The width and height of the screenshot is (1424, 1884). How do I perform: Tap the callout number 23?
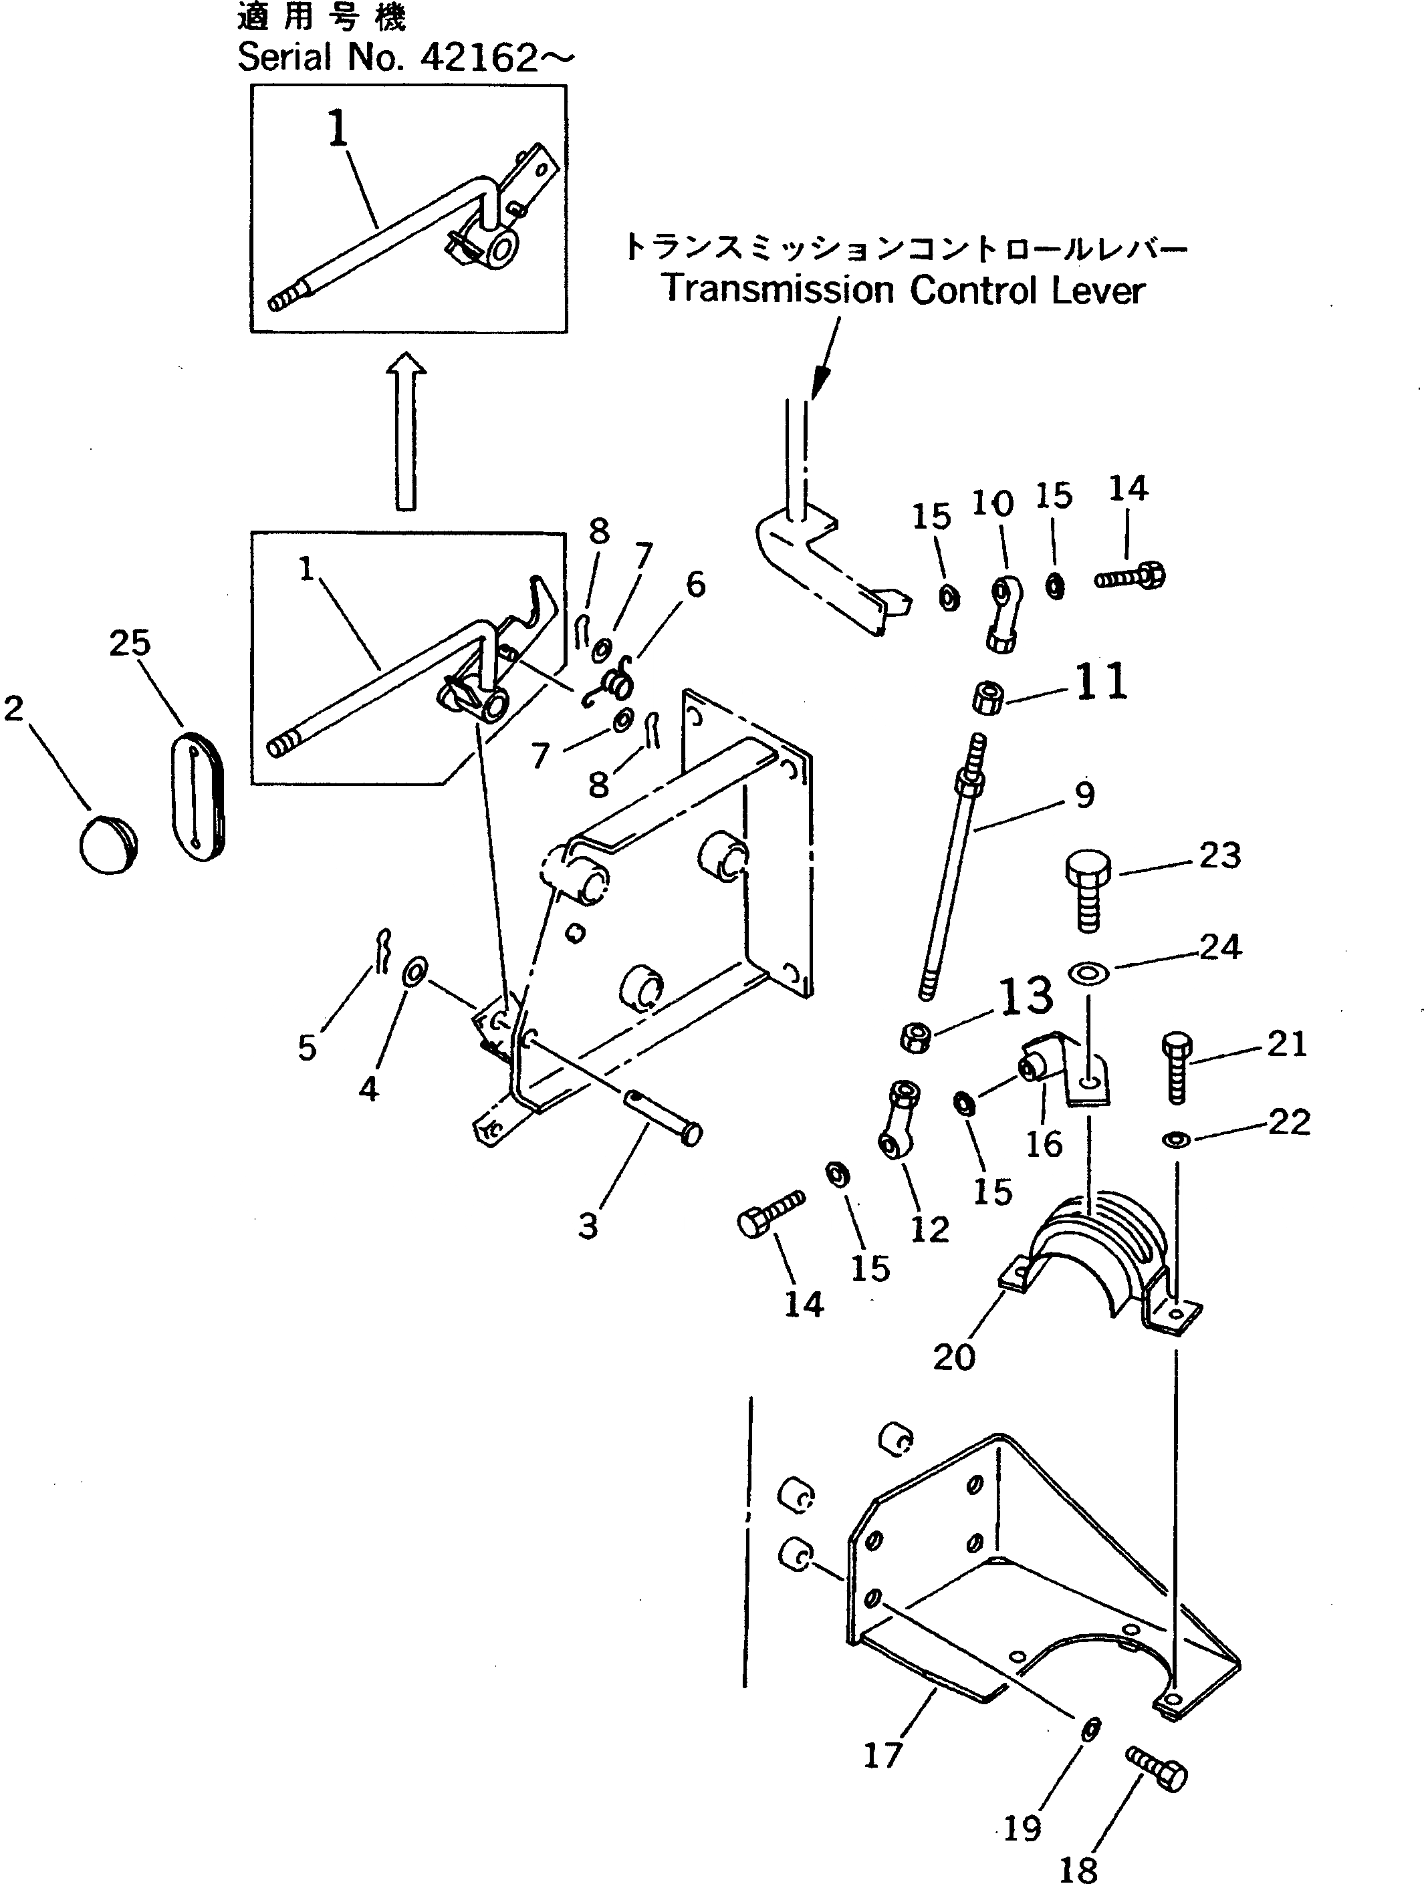click(1219, 856)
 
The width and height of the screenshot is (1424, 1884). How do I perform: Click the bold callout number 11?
click(1102, 683)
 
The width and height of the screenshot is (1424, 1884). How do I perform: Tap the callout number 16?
click(1044, 1144)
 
